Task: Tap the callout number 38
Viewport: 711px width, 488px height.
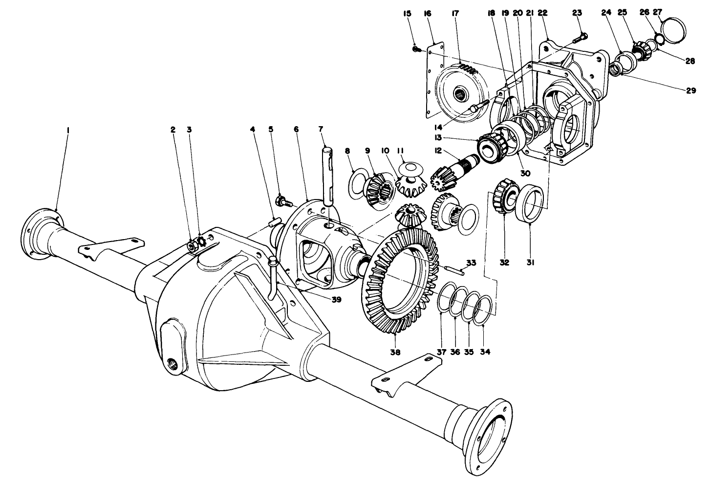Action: point(395,352)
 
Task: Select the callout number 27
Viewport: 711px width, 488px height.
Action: point(658,13)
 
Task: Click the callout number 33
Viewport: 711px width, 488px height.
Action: point(470,263)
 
